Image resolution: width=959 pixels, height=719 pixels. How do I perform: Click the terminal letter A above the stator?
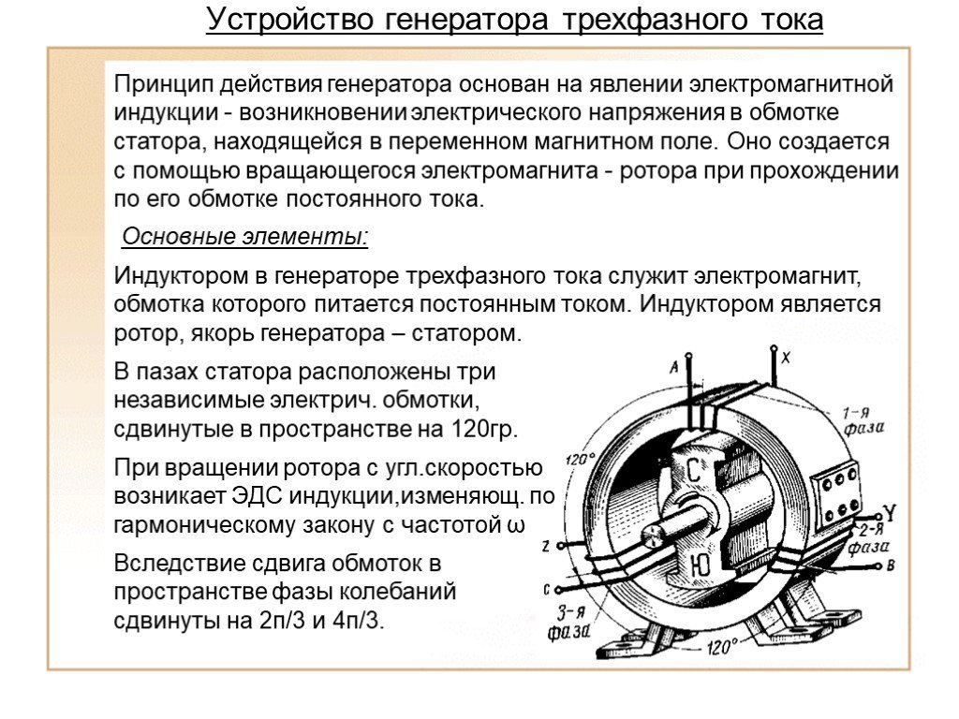(674, 367)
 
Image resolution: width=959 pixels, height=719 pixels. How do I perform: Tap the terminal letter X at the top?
(786, 358)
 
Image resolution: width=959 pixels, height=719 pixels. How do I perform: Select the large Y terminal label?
(890, 513)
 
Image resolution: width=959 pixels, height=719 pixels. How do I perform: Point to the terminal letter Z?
(546, 546)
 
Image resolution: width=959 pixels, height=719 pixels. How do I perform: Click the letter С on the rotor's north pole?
(694, 470)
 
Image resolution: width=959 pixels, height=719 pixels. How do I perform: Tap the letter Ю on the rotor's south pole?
(701, 565)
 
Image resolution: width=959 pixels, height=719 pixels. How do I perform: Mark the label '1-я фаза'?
(863, 420)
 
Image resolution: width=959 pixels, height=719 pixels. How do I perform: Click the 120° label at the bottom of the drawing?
(722, 646)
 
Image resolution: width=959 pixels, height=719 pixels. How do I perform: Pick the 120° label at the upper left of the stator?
(581, 459)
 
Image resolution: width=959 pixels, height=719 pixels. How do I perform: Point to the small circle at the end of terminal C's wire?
(558, 590)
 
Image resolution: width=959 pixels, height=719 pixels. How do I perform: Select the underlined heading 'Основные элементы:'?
(245, 236)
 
